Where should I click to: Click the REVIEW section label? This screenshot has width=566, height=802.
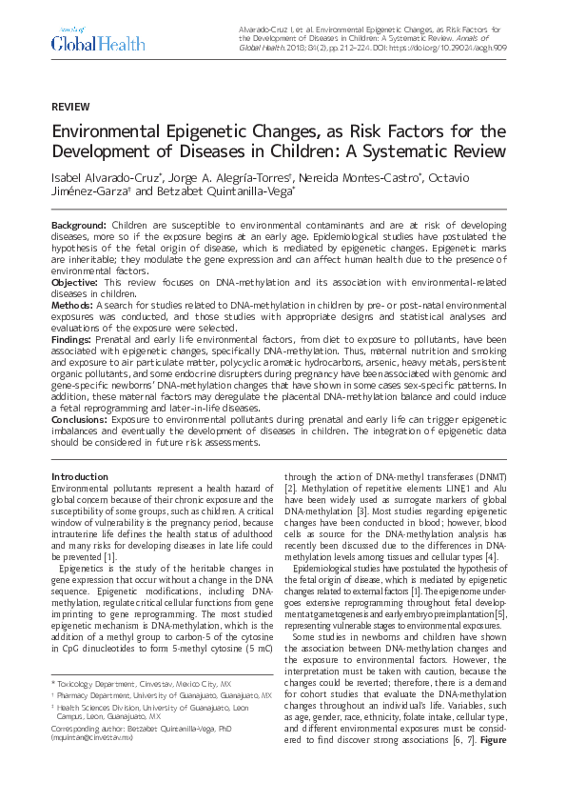pos(70,106)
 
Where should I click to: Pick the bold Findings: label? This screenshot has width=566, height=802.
pos(75,338)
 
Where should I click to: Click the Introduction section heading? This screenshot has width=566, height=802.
pos(80,476)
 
